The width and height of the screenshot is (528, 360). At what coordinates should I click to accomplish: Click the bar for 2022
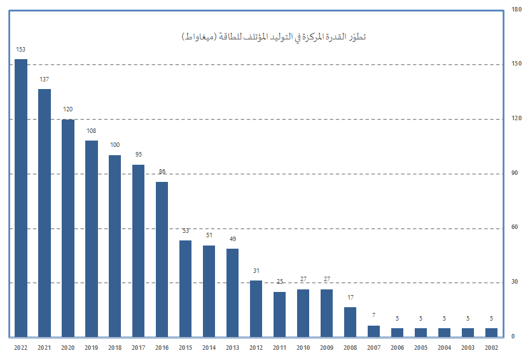[21, 198]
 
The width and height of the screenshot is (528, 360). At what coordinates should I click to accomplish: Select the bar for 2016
[162, 259]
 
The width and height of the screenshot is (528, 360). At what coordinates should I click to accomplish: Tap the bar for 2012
[256, 308]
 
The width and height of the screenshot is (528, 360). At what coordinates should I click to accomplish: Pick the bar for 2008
[350, 322]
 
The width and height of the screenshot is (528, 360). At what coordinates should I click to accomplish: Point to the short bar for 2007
[373, 331]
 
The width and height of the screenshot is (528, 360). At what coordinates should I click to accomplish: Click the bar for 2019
[92, 239]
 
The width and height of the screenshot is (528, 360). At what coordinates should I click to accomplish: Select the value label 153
[21, 49]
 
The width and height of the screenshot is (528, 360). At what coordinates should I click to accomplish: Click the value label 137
[45, 80]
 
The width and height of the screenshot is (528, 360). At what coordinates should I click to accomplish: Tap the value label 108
[92, 131]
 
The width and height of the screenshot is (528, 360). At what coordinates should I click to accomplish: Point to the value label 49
[233, 239]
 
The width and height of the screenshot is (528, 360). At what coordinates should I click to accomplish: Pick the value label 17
[350, 298]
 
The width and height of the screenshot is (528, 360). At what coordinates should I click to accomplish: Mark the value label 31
[256, 271]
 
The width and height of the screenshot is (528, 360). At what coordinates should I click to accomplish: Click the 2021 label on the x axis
[45, 347]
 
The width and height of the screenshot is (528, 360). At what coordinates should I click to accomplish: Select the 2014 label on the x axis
[209, 347]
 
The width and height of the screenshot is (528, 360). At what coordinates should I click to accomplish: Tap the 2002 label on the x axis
[491, 347]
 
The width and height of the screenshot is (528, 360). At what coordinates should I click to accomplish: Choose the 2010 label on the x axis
[303, 347]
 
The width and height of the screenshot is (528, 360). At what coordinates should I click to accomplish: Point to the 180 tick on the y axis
[515, 10]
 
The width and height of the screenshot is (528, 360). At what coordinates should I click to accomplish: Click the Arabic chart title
[273, 37]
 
